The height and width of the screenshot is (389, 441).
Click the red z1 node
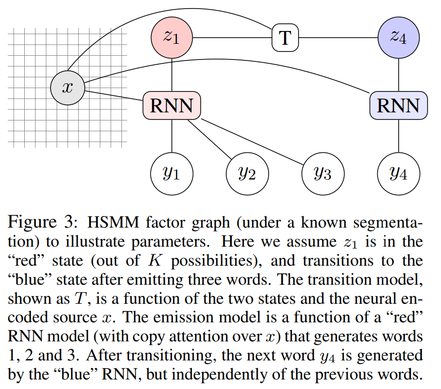[x=171, y=37]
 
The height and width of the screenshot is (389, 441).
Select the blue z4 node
[x=399, y=37]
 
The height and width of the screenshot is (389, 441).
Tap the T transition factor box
[x=285, y=38]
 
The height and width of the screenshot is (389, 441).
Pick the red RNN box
[x=171, y=106]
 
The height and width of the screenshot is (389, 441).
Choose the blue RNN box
[x=399, y=106]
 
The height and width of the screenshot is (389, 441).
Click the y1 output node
[x=171, y=174]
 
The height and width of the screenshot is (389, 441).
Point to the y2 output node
[x=247, y=174]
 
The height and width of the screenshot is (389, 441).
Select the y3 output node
[x=323, y=174]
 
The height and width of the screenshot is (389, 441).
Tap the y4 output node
[x=399, y=174]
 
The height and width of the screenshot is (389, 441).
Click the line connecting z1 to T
[x=232, y=38]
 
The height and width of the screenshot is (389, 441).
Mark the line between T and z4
[x=338, y=38]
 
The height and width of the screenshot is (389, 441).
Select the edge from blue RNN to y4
[x=399, y=136]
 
